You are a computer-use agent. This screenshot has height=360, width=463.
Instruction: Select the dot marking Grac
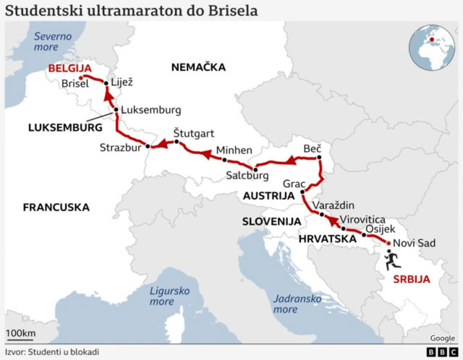point(302,192)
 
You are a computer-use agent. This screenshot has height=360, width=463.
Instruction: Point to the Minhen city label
point(234,150)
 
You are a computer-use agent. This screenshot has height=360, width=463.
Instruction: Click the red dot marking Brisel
point(80,77)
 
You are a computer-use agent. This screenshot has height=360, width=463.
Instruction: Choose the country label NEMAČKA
point(198,67)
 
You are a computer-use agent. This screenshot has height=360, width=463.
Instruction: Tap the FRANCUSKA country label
point(56,207)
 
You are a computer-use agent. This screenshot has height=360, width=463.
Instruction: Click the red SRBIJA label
point(411,279)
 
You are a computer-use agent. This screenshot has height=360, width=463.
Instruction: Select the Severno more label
point(53,41)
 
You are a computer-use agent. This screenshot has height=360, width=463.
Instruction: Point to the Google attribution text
point(443,338)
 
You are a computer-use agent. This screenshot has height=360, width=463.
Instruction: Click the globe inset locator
point(432,48)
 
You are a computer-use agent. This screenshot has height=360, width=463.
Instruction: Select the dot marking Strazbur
point(148,146)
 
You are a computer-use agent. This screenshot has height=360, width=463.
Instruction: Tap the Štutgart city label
point(194,134)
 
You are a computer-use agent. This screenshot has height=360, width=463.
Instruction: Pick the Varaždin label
point(334,206)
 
